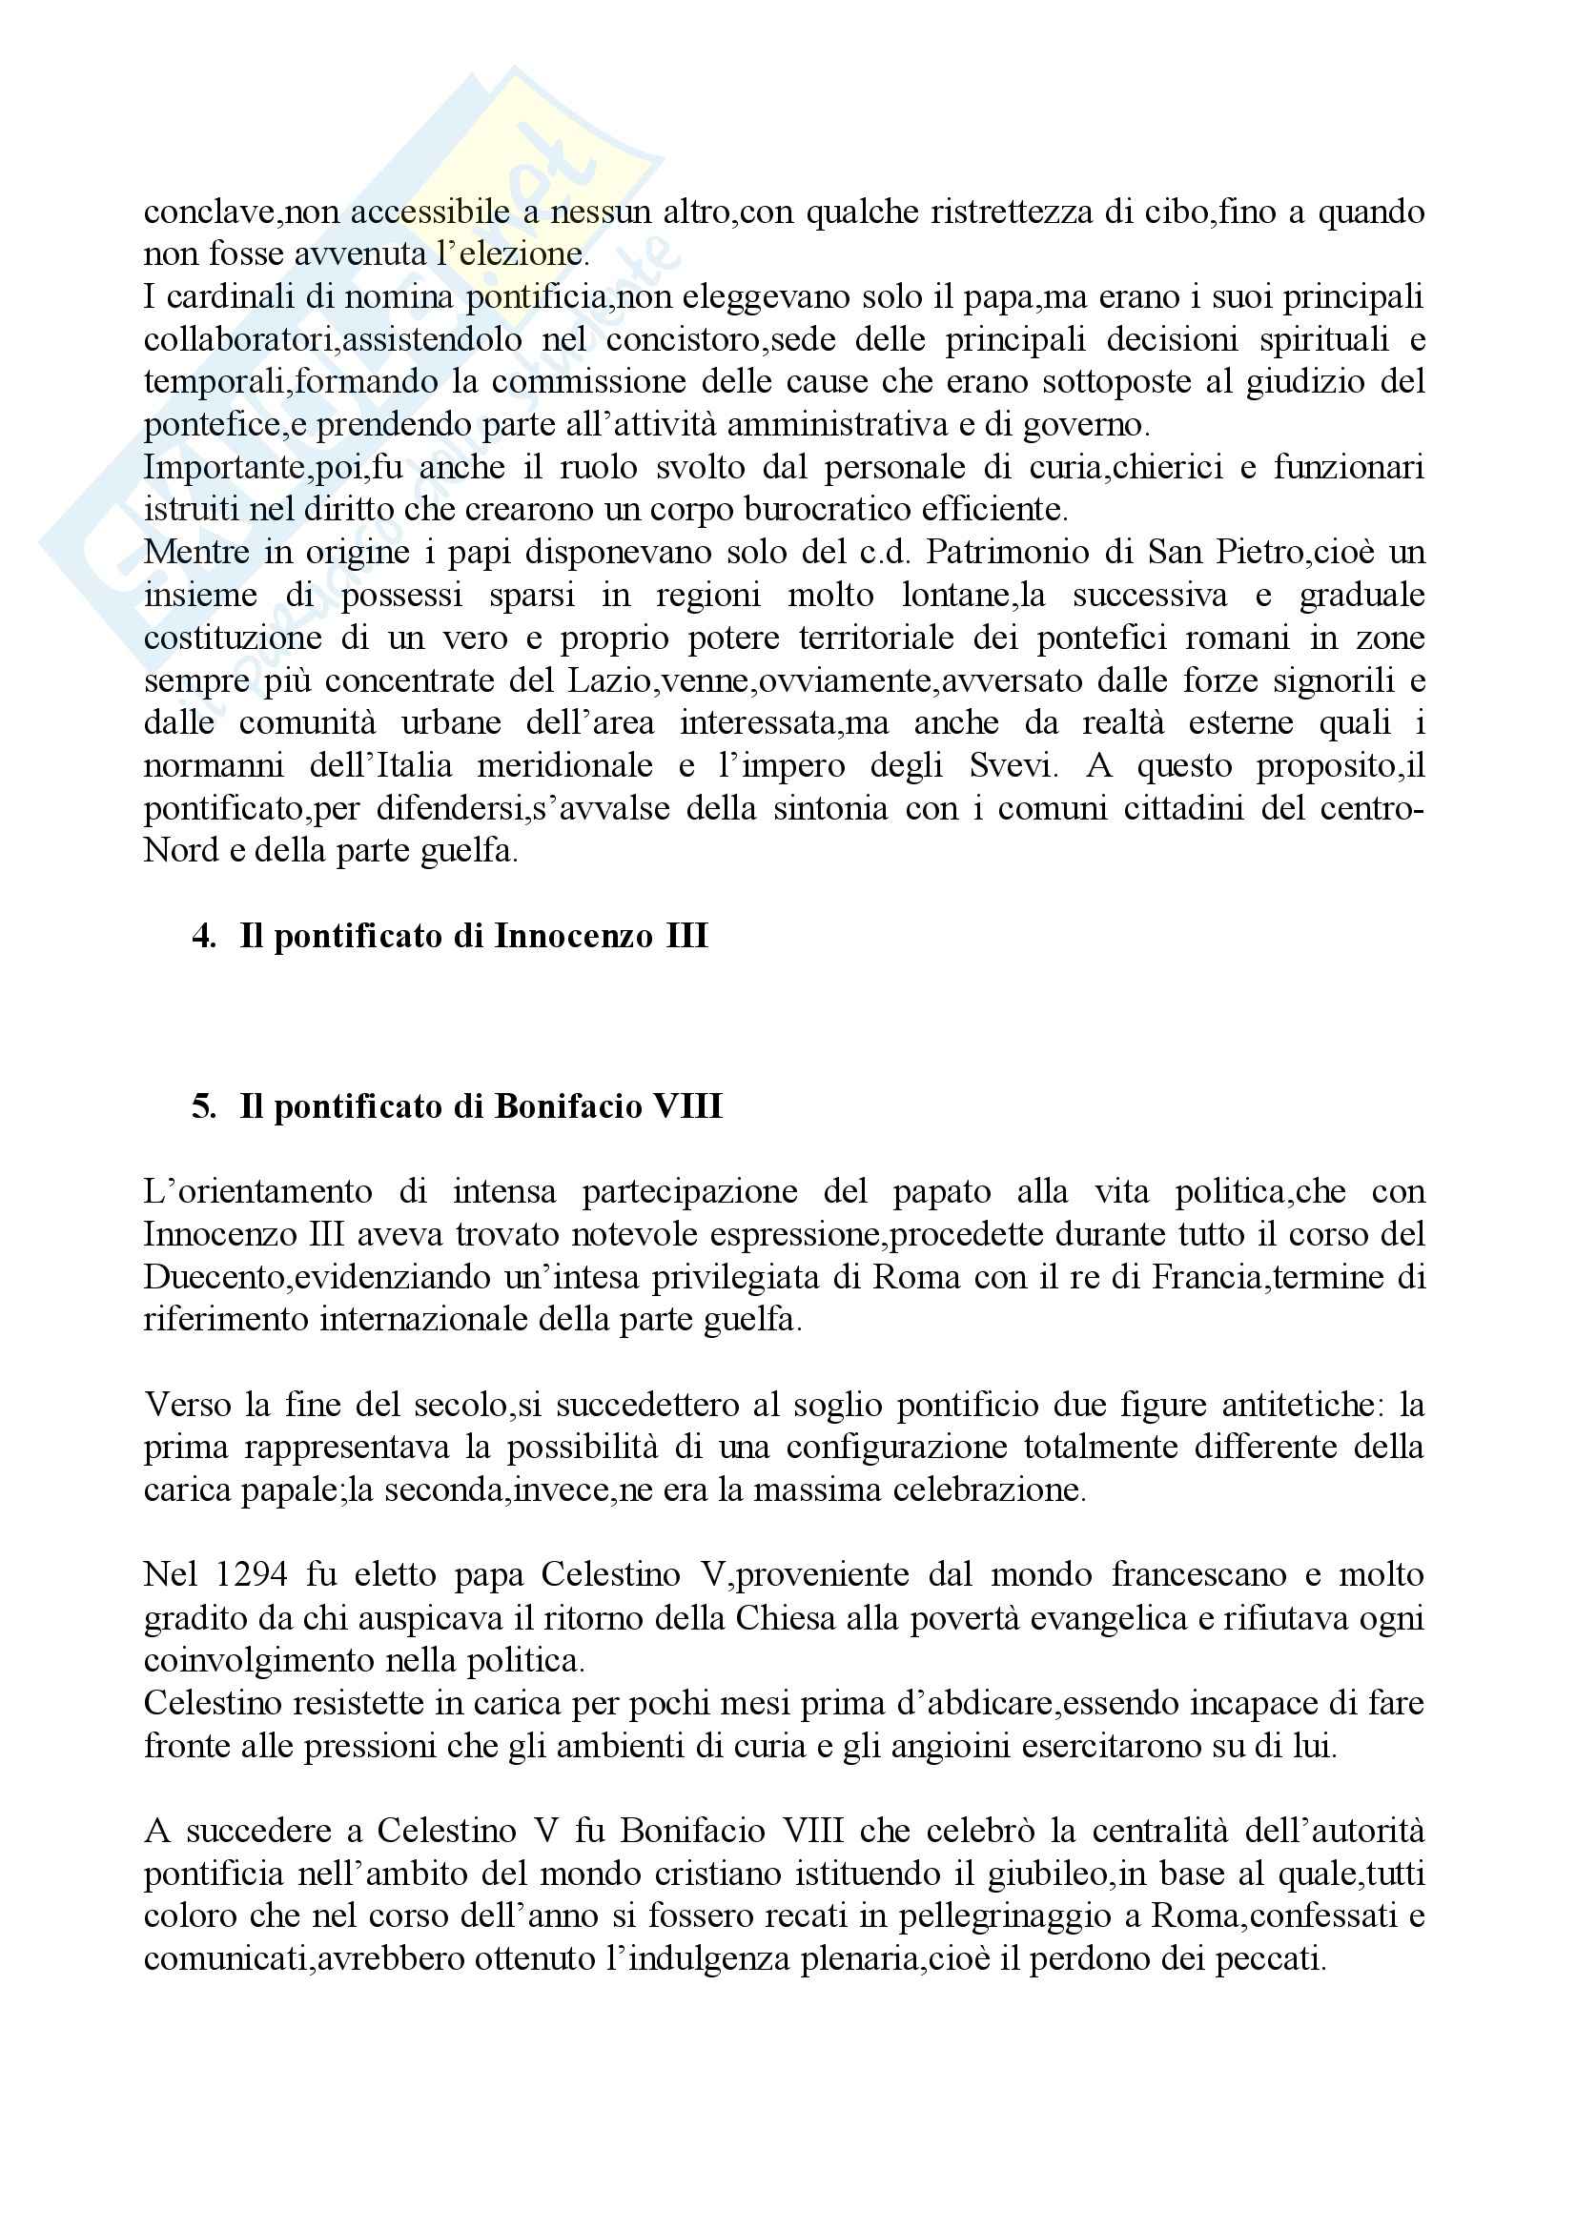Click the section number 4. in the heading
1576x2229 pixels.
(x=204, y=936)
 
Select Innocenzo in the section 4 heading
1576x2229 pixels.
(x=574, y=936)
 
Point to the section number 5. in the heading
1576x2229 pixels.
(x=204, y=1106)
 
